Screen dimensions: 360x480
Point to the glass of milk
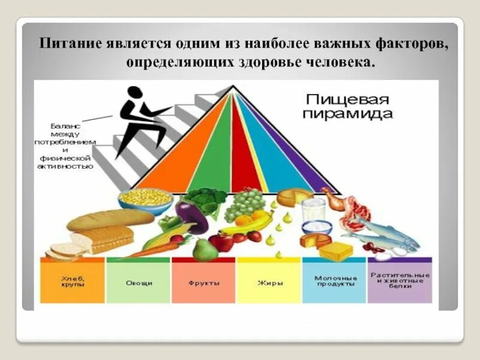coord(312,209)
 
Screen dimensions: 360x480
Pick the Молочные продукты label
coord(335,281)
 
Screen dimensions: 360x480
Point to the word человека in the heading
coord(338,62)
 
